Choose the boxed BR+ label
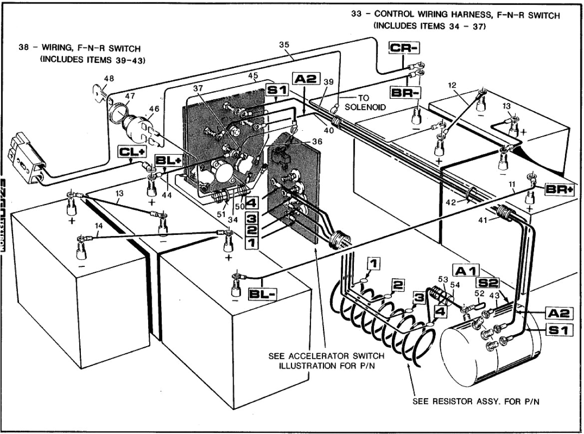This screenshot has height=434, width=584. tap(559, 189)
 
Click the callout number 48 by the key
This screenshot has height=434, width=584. tap(109, 78)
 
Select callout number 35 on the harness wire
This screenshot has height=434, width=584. tap(284, 45)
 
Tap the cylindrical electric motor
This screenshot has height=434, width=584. tap(492, 349)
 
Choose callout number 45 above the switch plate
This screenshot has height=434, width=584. tap(253, 76)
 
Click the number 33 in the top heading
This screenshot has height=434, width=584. tap(356, 15)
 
